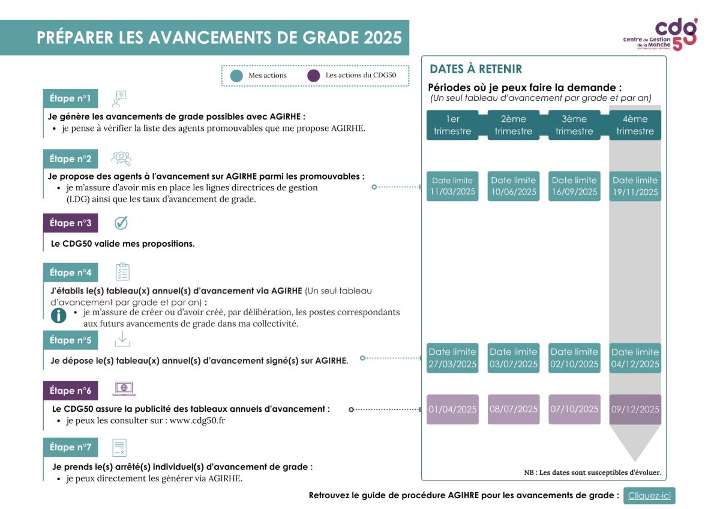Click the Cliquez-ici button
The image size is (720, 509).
[649, 495]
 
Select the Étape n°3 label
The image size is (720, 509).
[70, 223]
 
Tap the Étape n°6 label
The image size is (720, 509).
[70, 391]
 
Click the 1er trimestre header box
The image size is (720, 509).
[452, 125]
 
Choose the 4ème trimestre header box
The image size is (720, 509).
[635, 125]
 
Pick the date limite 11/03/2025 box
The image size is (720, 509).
[452, 186]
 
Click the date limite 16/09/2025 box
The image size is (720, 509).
[574, 186]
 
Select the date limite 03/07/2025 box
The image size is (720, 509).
[513, 358]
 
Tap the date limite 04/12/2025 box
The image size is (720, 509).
[635, 358]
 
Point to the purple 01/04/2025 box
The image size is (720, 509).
[452, 409]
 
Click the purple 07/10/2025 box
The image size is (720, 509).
[574, 409]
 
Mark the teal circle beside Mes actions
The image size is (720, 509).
[237, 76]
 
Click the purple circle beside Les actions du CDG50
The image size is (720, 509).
[313, 76]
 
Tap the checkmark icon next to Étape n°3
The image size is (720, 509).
[121, 223]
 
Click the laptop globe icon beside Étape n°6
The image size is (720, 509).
[124, 389]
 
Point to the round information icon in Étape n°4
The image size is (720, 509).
[59, 315]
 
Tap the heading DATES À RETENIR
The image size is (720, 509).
[476, 69]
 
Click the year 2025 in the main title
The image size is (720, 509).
[382, 38]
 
